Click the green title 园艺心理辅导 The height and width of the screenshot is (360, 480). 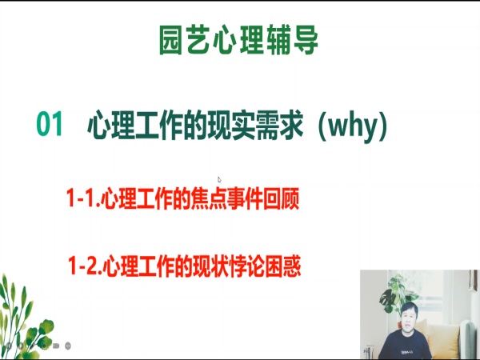(238, 40)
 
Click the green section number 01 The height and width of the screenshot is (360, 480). (50, 124)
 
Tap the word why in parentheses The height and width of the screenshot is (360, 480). (353, 126)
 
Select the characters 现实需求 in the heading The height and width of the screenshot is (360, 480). (255, 125)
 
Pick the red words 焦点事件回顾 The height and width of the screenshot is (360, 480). (245, 198)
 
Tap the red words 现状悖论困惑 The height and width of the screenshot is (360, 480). (247, 266)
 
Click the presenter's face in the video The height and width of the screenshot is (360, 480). (409, 321)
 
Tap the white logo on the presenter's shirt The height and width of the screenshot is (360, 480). (407, 352)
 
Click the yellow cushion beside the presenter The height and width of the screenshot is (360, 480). (444, 341)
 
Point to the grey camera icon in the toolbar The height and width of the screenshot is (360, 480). (56, 346)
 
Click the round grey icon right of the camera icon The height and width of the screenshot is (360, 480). (68, 346)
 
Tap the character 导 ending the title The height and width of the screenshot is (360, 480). (306, 40)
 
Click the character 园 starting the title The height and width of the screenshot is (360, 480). (171, 40)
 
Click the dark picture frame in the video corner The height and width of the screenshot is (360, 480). (474, 280)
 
